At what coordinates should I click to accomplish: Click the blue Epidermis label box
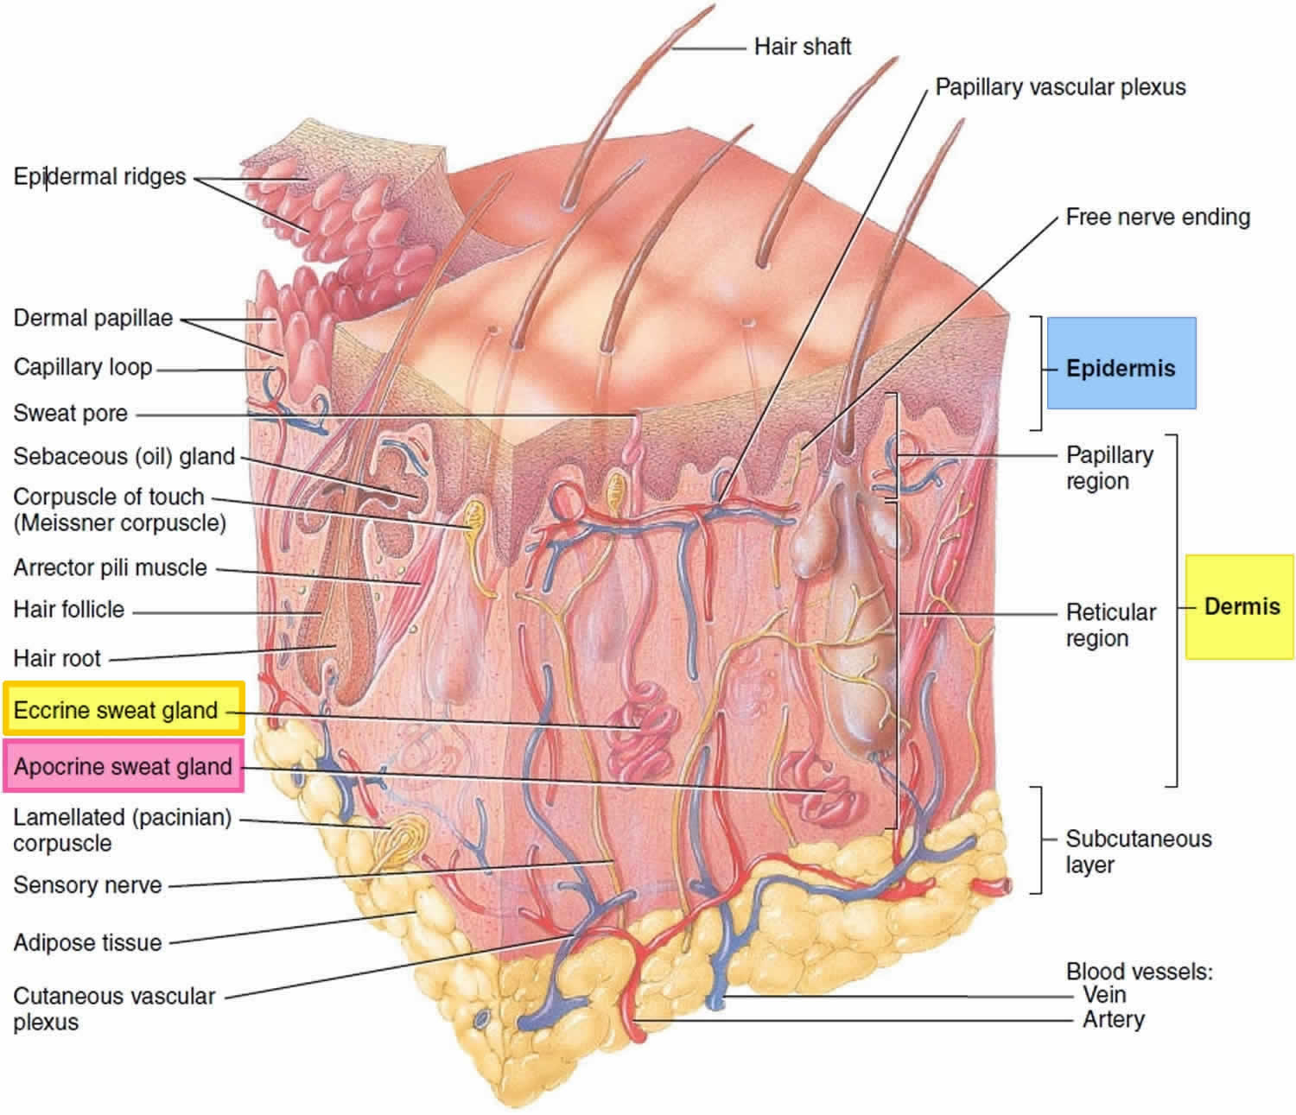(1121, 363)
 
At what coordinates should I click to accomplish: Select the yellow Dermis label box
(1239, 606)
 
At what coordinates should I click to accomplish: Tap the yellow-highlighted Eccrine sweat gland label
(124, 708)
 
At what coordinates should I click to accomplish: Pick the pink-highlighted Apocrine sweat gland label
(124, 765)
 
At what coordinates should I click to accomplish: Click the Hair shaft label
(803, 47)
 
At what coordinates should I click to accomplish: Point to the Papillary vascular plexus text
(1060, 87)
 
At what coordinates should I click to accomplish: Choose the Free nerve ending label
(1158, 217)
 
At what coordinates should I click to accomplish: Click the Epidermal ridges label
(99, 177)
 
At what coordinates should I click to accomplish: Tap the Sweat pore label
(71, 413)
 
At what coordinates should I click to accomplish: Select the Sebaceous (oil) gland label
(124, 456)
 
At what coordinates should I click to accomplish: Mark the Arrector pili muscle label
(111, 567)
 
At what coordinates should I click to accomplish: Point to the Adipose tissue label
(88, 942)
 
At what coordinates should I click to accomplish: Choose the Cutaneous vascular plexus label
(115, 1009)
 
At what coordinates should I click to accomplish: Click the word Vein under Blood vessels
(1104, 995)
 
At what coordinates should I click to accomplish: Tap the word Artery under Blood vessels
(1114, 1020)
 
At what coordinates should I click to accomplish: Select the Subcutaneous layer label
(1139, 852)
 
